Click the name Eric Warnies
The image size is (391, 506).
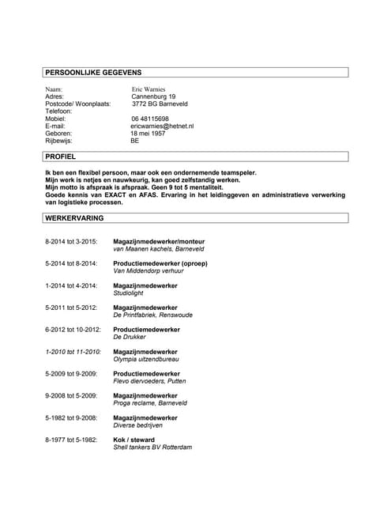coord(149,89)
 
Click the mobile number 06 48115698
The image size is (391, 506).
coord(150,119)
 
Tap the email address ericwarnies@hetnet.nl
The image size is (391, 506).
coord(162,126)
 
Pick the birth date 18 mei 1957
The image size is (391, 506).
coord(149,133)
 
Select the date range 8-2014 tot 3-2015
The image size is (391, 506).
coord(71,240)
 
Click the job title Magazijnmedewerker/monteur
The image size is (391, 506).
coord(159,240)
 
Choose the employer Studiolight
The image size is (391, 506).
coord(132,292)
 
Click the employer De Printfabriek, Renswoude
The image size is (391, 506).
coord(155,315)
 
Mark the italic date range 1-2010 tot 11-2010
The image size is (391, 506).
coord(73,351)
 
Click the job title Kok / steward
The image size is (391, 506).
coord(134,440)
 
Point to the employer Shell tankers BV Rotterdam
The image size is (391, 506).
coord(153,447)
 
